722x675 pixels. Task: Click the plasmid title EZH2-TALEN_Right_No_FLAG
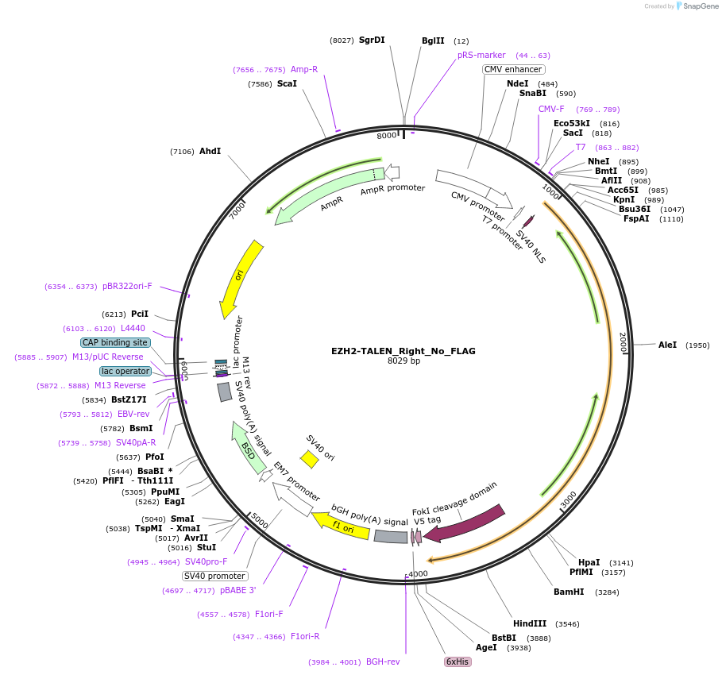pyautogui.click(x=403, y=350)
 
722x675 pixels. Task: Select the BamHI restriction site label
pyautogui.click(x=569, y=592)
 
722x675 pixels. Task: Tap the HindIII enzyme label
pyautogui.click(x=530, y=624)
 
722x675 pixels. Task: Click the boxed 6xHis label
pyautogui.click(x=458, y=661)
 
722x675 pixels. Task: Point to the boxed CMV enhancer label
pyautogui.click(x=513, y=69)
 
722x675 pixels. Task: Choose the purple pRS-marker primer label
pyautogui.click(x=481, y=56)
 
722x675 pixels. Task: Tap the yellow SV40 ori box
pyautogui.click(x=309, y=459)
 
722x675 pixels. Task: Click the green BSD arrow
pyautogui.click(x=249, y=448)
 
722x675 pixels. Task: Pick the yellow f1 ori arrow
pyautogui.click(x=342, y=526)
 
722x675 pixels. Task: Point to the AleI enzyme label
pyautogui.click(x=667, y=345)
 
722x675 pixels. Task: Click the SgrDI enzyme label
pyautogui.click(x=372, y=40)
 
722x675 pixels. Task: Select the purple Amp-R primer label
pyautogui.click(x=304, y=69)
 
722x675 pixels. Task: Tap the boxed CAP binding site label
pyautogui.click(x=115, y=342)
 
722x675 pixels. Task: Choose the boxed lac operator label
pyautogui.click(x=125, y=371)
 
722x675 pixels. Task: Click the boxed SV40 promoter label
pyautogui.click(x=215, y=576)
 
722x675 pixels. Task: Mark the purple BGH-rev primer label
pyautogui.click(x=383, y=661)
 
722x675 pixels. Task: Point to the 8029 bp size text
pyautogui.click(x=403, y=361)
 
